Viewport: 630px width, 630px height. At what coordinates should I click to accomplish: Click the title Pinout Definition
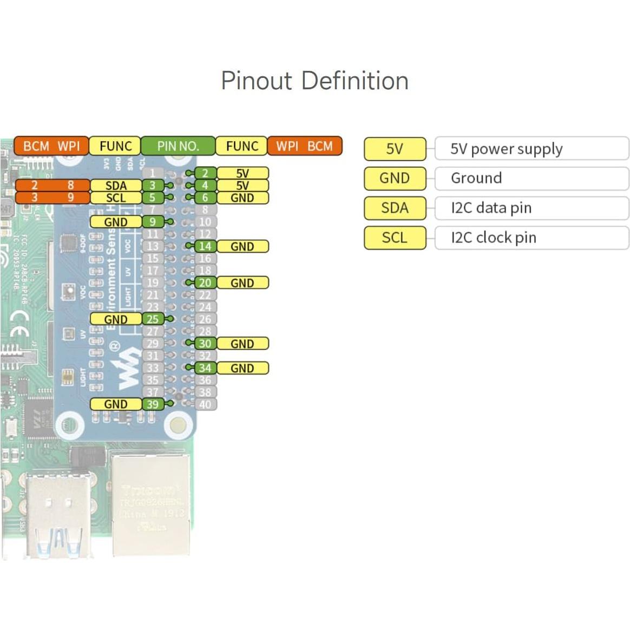[314, 81]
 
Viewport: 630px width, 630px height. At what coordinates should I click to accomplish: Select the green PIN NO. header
[178, 146]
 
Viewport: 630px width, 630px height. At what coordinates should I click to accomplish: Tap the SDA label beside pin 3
[116, 186]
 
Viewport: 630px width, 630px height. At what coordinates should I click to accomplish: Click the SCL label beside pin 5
[116, 198]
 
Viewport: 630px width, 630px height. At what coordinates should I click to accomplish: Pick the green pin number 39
[153, 404]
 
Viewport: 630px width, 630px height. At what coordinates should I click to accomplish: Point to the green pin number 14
[205, 246]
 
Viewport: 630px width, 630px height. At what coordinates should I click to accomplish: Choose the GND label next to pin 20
[242, 283]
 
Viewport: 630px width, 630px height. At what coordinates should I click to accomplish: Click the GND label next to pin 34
[242, 368]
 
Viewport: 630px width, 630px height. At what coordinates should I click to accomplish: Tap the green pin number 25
[153, 319]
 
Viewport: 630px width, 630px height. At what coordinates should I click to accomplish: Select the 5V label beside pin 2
[242, 173]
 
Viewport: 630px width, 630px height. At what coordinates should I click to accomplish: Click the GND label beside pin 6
[242, 198]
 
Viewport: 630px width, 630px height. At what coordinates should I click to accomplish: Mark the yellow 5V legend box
[395, 149]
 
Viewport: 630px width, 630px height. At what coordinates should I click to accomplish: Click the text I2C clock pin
[493, 238]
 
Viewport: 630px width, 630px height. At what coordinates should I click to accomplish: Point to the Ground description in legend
[476, 178]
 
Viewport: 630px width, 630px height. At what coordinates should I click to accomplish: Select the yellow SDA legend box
[395, 208]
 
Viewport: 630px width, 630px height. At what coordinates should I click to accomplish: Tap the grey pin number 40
[205, 404]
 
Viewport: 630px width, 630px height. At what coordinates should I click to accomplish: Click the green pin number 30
[205, 344]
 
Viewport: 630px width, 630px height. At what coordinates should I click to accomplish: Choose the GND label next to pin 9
[116, 222]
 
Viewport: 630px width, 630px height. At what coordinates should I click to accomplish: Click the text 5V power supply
[506, 149]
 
